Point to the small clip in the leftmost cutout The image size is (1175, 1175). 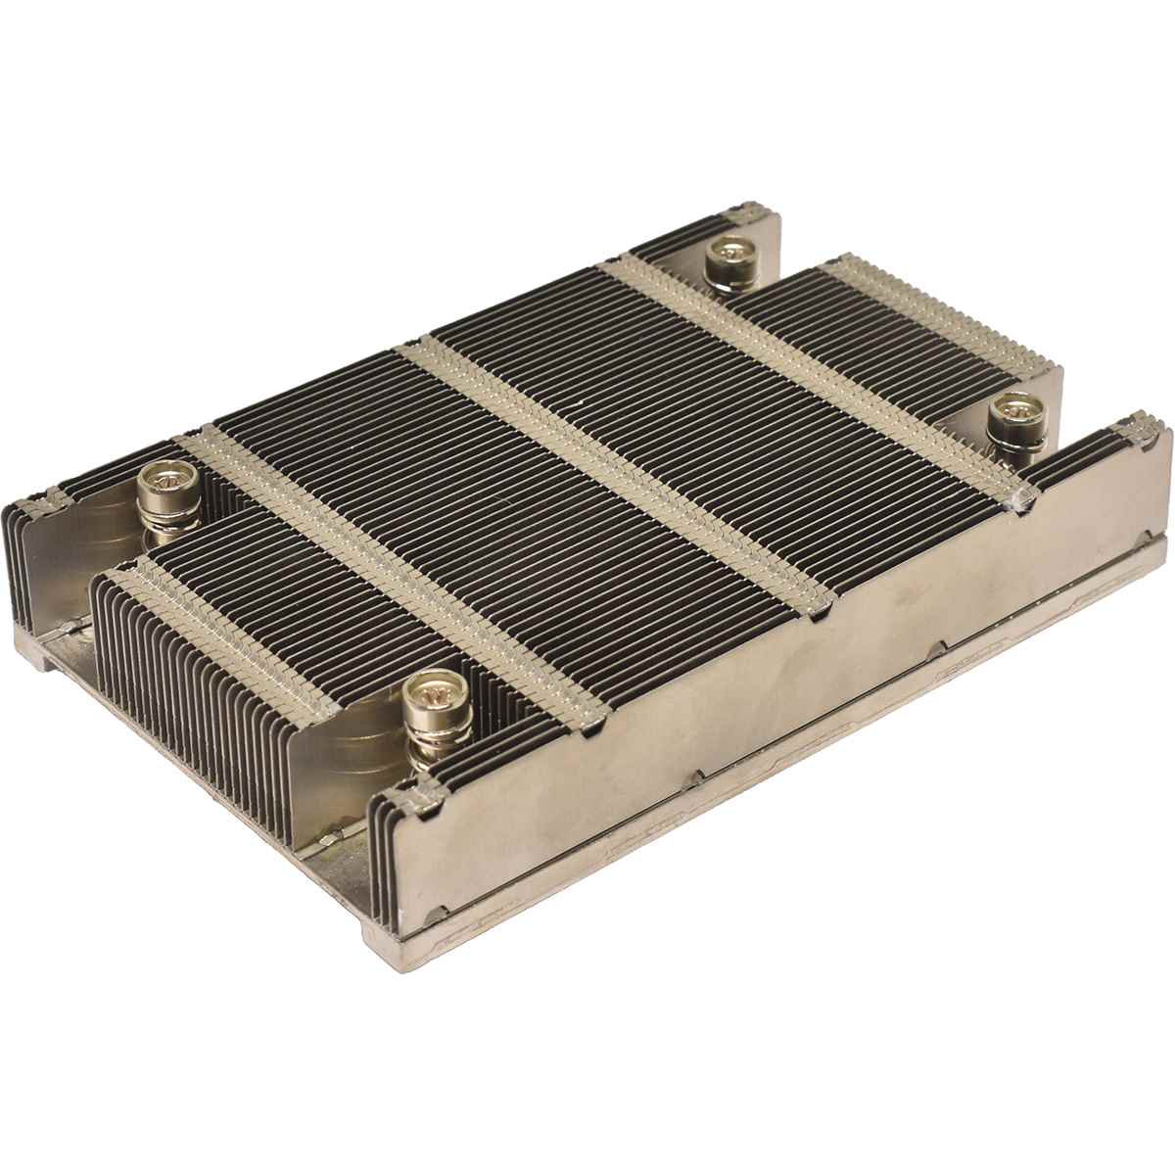click(67, 626)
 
